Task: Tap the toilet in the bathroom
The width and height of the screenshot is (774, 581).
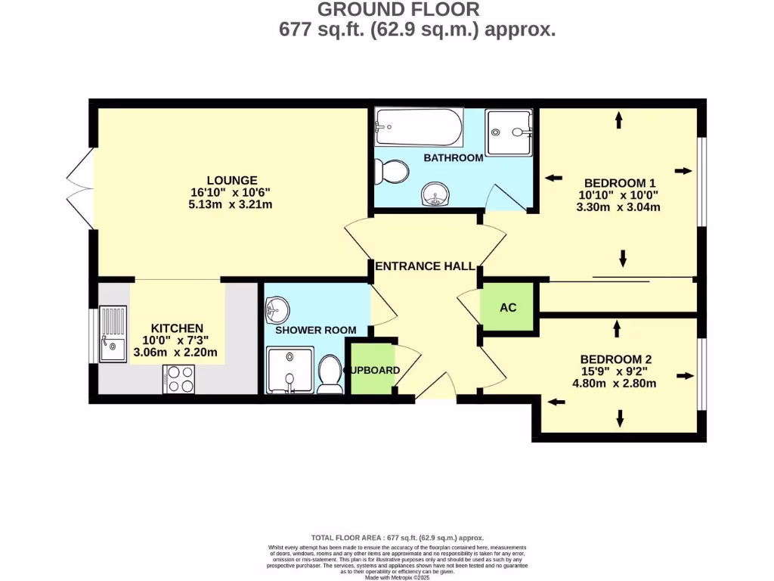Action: (392, 172)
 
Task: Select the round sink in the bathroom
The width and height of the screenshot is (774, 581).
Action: (436, 195)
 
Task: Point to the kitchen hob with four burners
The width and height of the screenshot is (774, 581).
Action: (178, 378)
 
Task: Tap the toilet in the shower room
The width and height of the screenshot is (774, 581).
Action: (330, 374)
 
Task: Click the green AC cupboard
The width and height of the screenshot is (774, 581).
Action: (507, 308)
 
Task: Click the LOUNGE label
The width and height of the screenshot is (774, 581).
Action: (232, 180)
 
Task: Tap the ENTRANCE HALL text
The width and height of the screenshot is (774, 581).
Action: (425, 266)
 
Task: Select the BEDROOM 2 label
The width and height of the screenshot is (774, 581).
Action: (615, 359)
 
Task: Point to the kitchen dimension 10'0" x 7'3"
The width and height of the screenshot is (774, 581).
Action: (177, 340)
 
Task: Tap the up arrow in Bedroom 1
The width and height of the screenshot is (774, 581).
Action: (619, 119)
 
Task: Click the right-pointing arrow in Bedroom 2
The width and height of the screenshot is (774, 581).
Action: (685, 375)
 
